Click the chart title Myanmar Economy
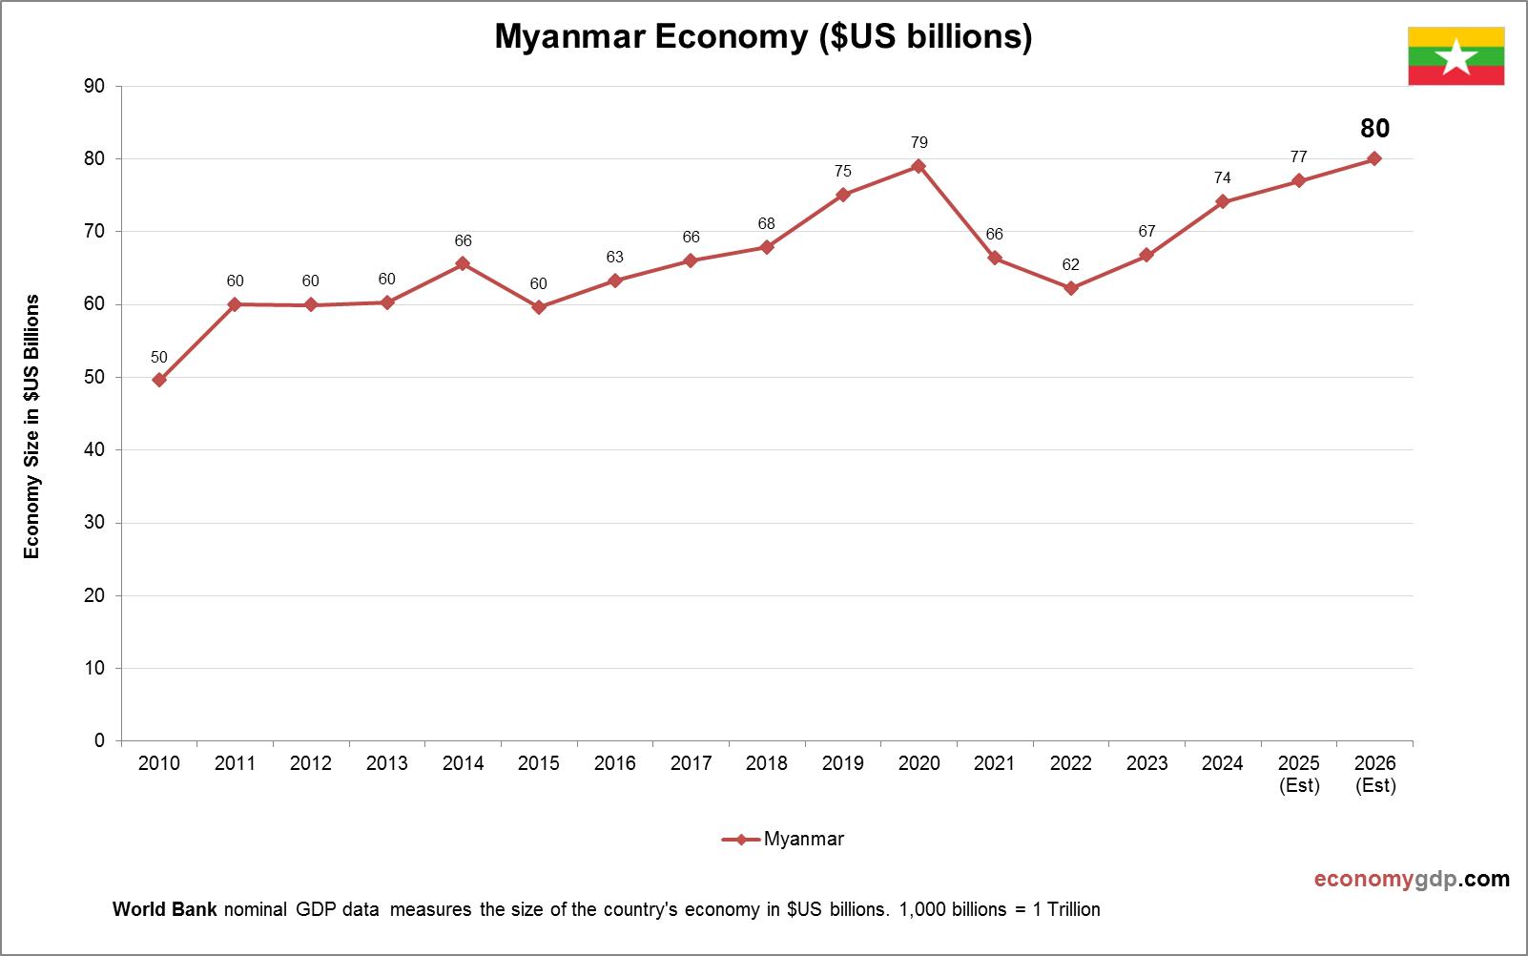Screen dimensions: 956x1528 763,36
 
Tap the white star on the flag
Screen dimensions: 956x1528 1456,57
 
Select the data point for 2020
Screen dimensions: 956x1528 919,166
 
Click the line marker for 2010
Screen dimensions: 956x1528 159,380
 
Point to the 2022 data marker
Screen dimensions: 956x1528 1071,288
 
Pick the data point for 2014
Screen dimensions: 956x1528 463,263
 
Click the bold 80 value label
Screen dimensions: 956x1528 1374,129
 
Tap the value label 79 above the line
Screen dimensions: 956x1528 919,142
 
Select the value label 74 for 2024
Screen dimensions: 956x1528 1222,177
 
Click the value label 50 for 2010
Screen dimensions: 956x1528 159,358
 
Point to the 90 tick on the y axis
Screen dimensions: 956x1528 94,86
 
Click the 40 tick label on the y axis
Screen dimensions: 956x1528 94,449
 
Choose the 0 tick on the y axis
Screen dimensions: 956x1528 99,740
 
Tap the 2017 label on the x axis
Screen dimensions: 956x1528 691,763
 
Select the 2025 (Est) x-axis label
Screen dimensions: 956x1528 1299,774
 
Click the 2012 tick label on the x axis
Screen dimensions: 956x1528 311,763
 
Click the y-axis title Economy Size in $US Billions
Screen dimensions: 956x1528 32,426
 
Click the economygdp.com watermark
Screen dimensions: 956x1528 1412,879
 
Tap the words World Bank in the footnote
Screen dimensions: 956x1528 165,909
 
